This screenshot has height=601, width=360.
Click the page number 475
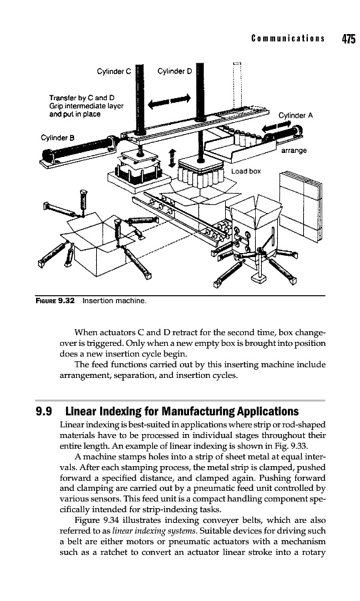pyautogui.click(x=348, y=39)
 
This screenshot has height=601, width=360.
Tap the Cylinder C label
pyautogui.click(x=114, y=71)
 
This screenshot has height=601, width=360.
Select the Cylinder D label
pyautogui.click(x=175, y=71)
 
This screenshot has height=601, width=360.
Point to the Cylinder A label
pyautogui.click(x=296, y=115)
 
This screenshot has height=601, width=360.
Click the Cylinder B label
pyautogui.click(x=58, y=138)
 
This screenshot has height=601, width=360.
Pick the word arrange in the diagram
pyautogui.click(x=294, y=151)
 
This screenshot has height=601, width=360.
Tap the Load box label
pyautogui.click(x=246, y=171)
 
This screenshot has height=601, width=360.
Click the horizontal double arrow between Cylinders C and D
pyautogui.click(x=169, y=100)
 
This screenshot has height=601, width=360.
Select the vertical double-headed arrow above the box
pyautogui.click(x=172, y=158)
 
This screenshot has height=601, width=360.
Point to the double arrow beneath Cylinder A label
pyautogui.click(x=276, y=127)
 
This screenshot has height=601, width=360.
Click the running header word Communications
pyautogui.click(x=288, y=38)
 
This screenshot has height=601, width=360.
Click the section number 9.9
pyautogui.click(x=43, y=411)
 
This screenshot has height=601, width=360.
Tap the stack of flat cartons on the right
pyautogui.click(x=301, y=206)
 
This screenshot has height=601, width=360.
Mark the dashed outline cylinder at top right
pyautogui.click(x=238, y=84)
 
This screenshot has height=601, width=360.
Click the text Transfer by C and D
pyautogui.click(x=81, y=97)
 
